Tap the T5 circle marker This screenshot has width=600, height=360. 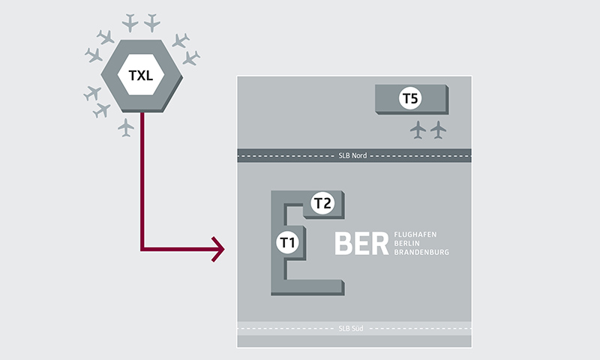click(410, 100)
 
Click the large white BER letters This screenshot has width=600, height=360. click(361, 244)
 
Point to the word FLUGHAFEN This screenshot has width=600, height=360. click(419, 235)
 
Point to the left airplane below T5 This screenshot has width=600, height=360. click(418, 130)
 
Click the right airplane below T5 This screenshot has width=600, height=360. click(438, 130)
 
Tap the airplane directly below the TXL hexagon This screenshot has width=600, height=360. click(126, 127)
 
